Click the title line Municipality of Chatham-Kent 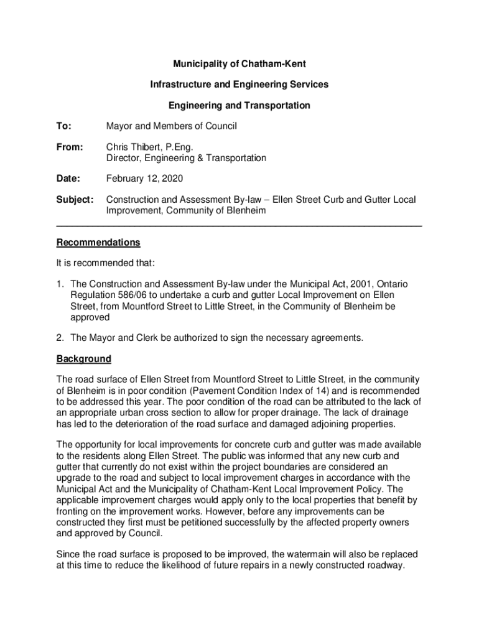[240, 64]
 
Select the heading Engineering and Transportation [240, 106]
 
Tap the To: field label [65, 126]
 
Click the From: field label [70, 147]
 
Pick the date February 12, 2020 [145, 179]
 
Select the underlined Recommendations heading [98, 243]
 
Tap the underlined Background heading [84, 359]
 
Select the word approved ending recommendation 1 [90, 317]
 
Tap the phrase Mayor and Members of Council [172, 126]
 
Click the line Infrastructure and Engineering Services [240, 85]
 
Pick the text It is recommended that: [106, 263]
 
